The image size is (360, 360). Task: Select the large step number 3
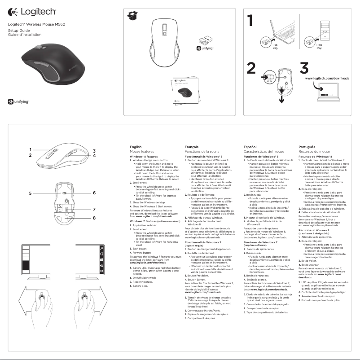click(x=304, y=69)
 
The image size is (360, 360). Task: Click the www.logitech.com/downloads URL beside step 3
click(x=327, y=78)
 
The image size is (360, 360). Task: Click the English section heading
click(x=135, y=147)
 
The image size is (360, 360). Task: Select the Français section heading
click(x=192, y=147)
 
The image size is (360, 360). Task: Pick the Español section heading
click(x=250, y=147)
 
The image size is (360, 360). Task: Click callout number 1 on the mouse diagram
click(x=31, y=150)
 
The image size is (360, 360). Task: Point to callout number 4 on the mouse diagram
click(x=95, y=155)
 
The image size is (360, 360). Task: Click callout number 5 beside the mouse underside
click(x=31, y=193)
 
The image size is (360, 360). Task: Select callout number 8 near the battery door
click(x=95, y=218)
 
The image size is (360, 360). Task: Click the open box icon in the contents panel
click(x=132, y=16)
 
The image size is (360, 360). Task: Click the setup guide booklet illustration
click(x=184, y=92)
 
